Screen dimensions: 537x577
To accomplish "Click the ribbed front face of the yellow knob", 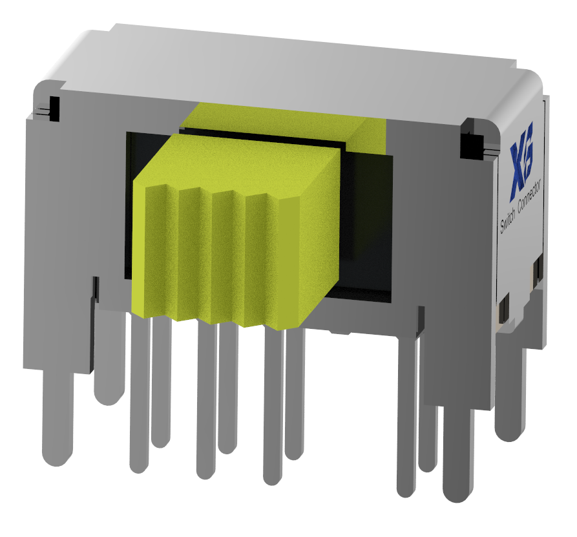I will pos(213,258).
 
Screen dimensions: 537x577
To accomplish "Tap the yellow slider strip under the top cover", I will pos(284,120).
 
